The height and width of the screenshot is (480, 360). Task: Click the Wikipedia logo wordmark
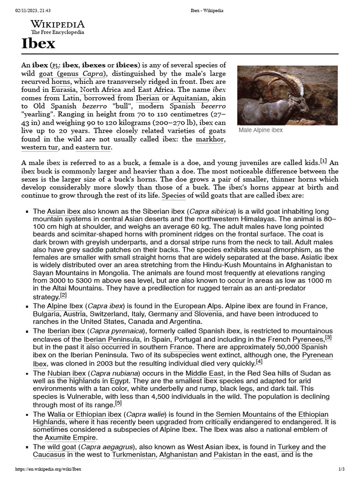coord(58,24)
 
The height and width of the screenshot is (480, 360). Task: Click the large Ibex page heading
coord(38,44)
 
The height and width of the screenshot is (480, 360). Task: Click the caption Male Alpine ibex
coord(261,130)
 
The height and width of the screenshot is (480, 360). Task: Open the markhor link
coord(210,139)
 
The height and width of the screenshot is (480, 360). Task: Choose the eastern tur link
coord(93,148)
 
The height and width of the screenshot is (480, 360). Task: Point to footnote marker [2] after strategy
coord(63,296)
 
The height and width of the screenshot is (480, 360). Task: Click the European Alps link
coord(196,306)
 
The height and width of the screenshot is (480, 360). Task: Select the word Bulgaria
coord(46,314)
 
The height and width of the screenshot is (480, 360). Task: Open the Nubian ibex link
coord(67,373)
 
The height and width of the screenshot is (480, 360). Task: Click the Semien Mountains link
coord(245,415)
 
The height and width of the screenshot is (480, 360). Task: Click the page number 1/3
coord(341,469)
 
